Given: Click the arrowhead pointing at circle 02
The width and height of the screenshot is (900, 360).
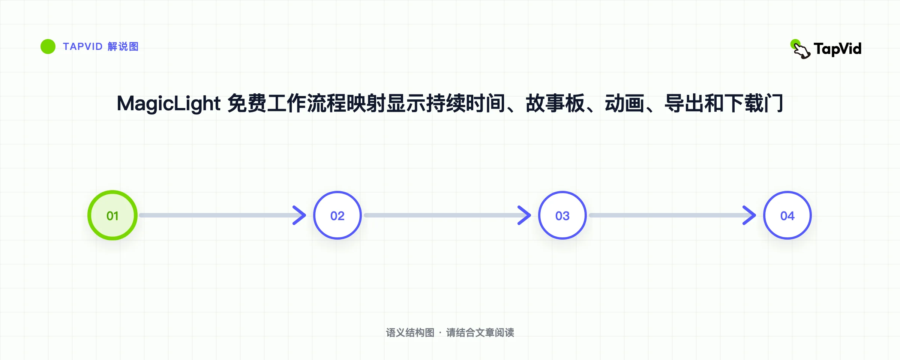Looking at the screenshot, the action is pos(300,215).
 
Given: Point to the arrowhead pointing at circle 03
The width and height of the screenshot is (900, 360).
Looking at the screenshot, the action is pos(525,215).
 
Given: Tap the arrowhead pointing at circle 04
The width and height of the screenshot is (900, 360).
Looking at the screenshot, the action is pos(750,215).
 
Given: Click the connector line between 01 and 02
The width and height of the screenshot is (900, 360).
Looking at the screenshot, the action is pos(221,215).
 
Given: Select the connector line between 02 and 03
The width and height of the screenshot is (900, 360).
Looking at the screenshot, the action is pos(446,215).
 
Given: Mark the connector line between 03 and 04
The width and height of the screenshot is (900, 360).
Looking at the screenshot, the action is pos(671,215).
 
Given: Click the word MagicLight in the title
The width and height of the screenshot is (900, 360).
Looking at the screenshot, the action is pos(169,104).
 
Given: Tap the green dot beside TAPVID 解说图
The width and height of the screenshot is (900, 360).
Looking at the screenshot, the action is pos(48,46).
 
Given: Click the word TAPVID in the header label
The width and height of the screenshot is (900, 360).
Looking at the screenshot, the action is pos(83,46).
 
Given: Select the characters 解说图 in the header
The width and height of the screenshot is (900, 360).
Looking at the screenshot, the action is pos(123,46).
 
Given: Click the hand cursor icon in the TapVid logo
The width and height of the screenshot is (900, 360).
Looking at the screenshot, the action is pos(800,49).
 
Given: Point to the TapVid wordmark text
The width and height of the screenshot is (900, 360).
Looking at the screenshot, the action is pos(838,49).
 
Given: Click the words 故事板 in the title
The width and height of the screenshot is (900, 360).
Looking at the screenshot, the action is pos(555,103).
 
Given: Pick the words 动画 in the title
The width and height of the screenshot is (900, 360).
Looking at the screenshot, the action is pos(624,103).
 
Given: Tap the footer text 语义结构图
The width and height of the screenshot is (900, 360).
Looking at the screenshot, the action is pos(410,333).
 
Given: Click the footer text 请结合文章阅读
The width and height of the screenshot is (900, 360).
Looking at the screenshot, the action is pos(480,333).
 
